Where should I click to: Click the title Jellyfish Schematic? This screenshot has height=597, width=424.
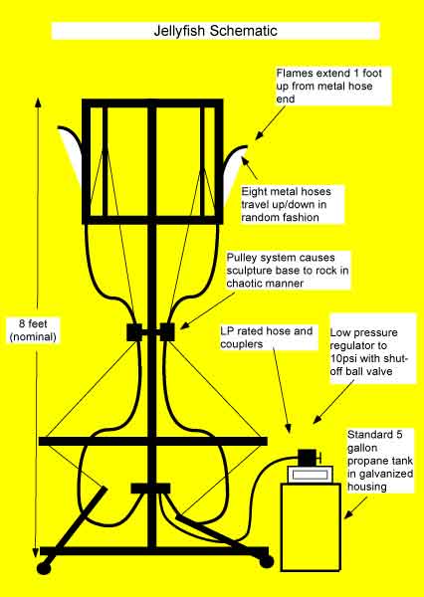[x=211, y=30]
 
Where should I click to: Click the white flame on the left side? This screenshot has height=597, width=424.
[x=72, y=149]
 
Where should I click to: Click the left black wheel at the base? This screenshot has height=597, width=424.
[x=44, y=568]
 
